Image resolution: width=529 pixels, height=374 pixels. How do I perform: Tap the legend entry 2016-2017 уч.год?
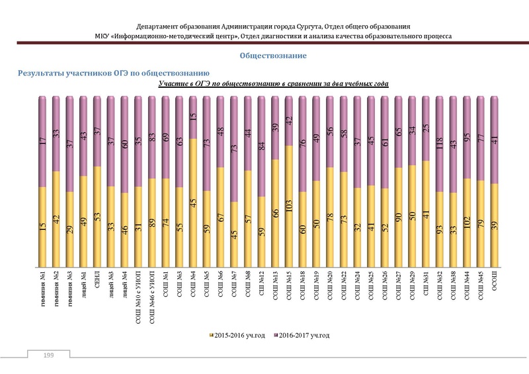302,336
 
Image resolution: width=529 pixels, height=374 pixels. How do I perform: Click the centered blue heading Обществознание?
273,56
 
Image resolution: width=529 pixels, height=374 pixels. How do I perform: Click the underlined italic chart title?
273,84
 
